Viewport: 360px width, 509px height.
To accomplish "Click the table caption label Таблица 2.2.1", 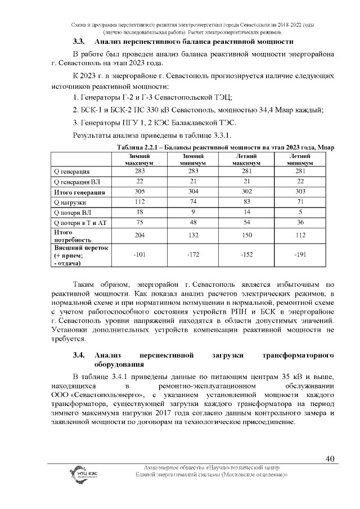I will tap(137, 147).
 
